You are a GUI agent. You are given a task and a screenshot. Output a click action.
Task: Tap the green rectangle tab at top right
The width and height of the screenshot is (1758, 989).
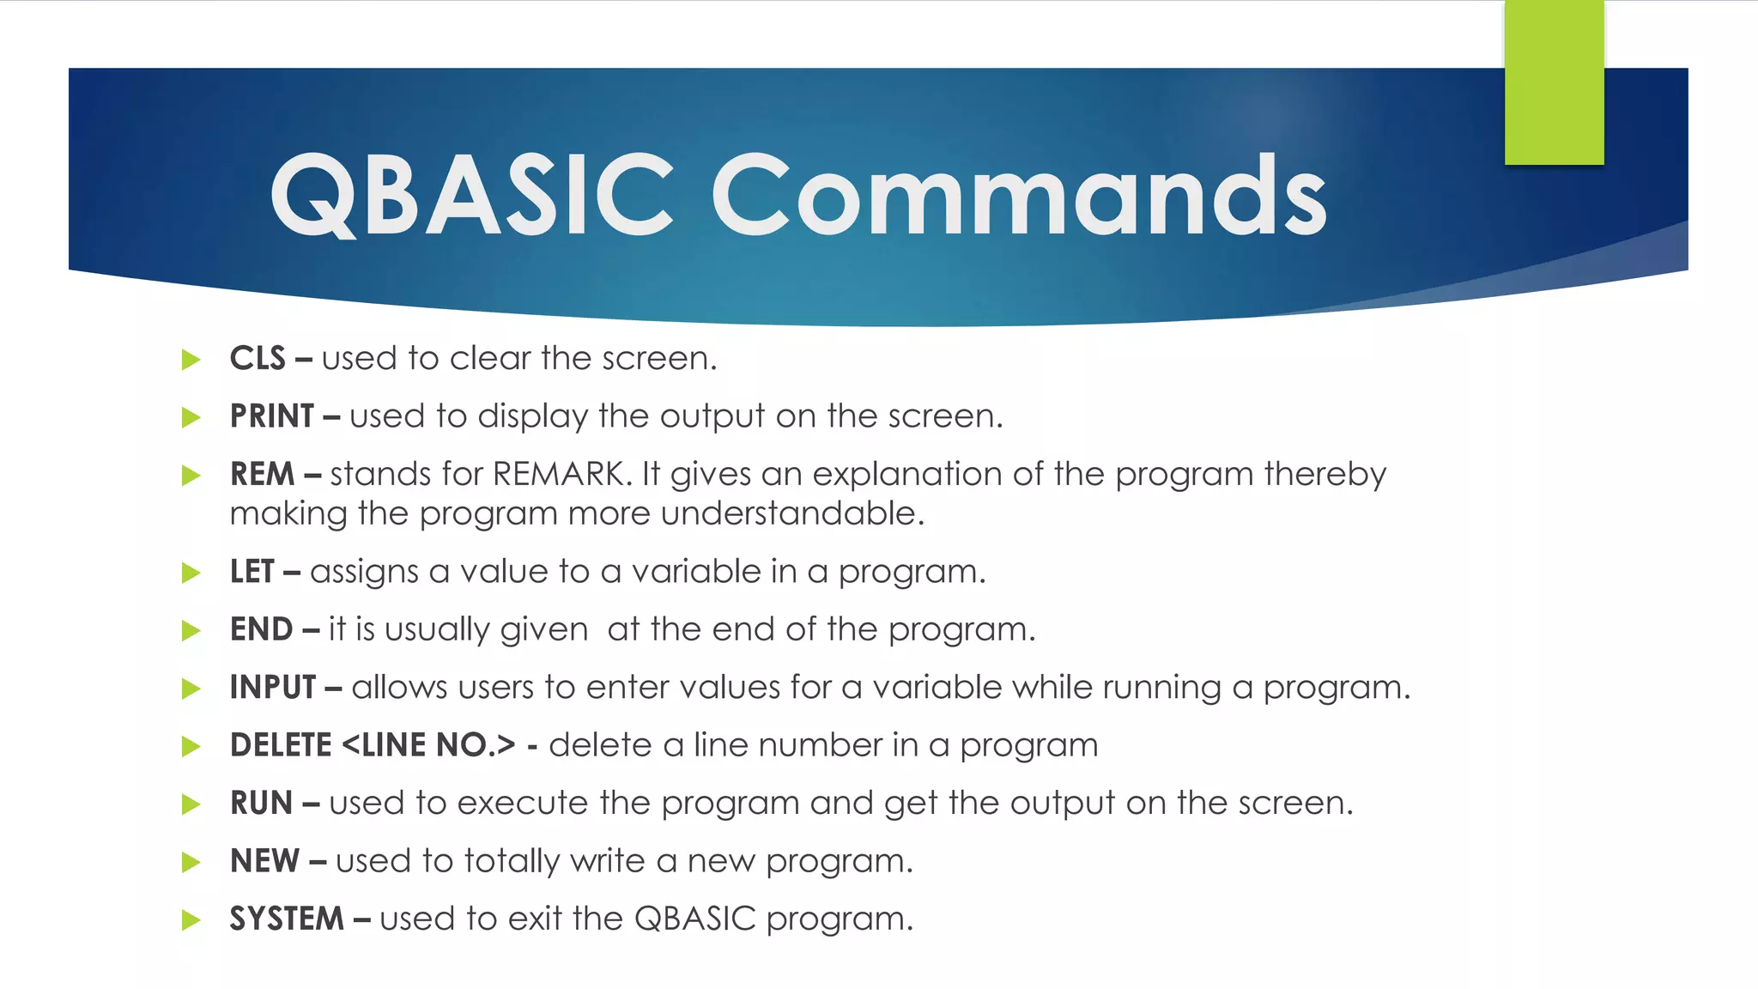click(x=1554, y=82)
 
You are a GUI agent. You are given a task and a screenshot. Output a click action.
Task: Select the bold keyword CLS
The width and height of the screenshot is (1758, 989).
click(x=257, y=359)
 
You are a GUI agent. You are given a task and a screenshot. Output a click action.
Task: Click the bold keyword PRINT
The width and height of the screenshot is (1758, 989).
click(x=271, y=416)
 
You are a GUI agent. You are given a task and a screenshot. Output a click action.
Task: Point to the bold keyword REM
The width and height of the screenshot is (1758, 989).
click(x=262, y=474)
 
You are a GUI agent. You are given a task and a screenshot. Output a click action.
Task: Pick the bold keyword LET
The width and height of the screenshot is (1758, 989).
click(x=252, y=572)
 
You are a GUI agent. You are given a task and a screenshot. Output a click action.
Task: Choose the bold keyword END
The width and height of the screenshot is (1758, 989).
click(x=261, y=629)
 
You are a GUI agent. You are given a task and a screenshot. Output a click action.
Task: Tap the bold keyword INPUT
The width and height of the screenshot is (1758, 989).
click(x=273, y=688)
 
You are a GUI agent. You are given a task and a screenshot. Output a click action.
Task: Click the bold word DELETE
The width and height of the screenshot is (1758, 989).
click(x=281, y=745)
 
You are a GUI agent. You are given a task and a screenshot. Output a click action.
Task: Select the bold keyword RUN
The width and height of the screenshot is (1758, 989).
click(x=261, y=804)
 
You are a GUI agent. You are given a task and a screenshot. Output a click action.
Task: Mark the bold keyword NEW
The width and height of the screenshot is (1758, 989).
click(x=264, y=861)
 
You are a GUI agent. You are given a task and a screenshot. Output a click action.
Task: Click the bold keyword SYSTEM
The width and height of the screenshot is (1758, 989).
click(x=287, y=919)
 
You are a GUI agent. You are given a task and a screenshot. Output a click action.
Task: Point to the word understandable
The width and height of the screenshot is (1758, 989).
click(x=791, y=513)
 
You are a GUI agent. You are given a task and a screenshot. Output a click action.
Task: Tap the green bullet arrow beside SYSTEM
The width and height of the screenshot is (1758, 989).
click(x=191, y=920)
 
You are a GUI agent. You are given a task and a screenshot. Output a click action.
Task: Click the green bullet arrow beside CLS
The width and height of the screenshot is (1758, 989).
click(x=191, y=360)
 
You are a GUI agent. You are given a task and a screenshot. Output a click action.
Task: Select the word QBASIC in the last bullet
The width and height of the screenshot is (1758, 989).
click(x=694, y=919)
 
